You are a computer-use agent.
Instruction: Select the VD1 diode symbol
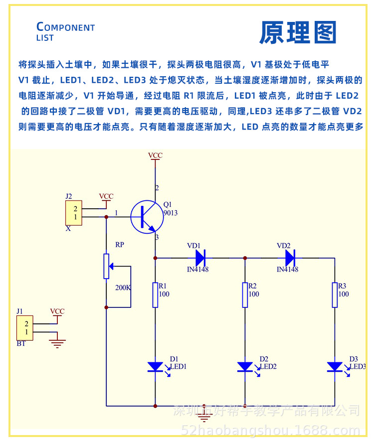(x=200, y=258)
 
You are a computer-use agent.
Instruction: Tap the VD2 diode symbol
(x=290, y=258)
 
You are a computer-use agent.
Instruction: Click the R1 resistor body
(x=155, y=295)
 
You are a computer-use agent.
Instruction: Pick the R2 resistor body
(x=245, y=295)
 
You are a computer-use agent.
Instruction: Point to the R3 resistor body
(x=335, y=295)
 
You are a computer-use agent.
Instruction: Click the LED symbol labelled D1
(x=156, y=367)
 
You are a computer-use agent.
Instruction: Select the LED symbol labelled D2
(x=245, y=367)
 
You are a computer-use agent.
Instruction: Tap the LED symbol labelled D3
(x=335, y=367)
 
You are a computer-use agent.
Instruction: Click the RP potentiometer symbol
(x=106, y=266)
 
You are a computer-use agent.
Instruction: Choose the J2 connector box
(x=73, y=213)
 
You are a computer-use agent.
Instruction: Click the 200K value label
(x=122, y=288)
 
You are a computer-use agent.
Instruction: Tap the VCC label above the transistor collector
(x=155, y=155)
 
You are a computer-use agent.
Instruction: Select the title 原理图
(x=298, y=33)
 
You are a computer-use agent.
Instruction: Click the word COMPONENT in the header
(x=66, y=27)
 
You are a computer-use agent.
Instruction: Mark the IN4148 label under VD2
(x=287, y=270)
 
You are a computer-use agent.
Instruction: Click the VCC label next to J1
(x=57, y=311)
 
